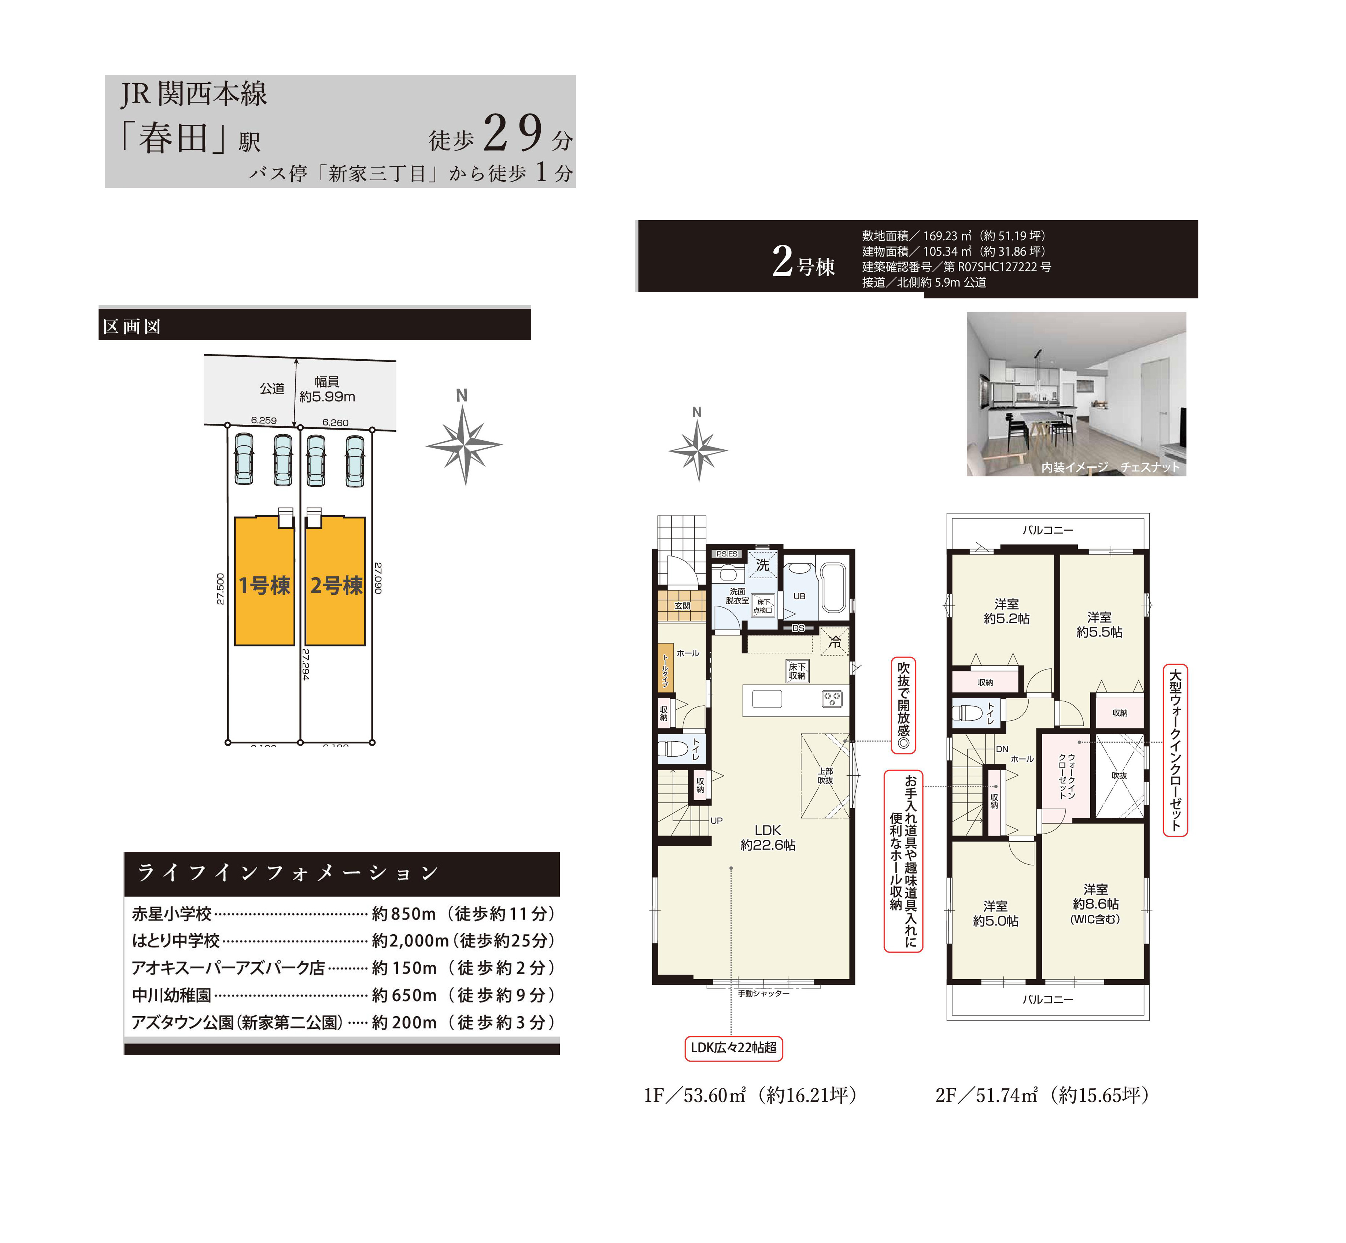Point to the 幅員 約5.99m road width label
click(x=327, y=389)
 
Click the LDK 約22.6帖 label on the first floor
click(x=768, y=838)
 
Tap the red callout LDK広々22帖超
click(x=733, y=1047)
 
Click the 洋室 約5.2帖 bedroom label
click(x=1007, y=611)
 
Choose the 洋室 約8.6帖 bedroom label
click(x=1096, y=904)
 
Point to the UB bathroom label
click(x=799, y=596)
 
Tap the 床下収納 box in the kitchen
click(x=798, y=671)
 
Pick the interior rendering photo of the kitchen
click(x=1076, y=393)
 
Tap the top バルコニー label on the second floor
click(x=1048, y=530)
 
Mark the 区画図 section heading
click(x=132, y=327)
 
